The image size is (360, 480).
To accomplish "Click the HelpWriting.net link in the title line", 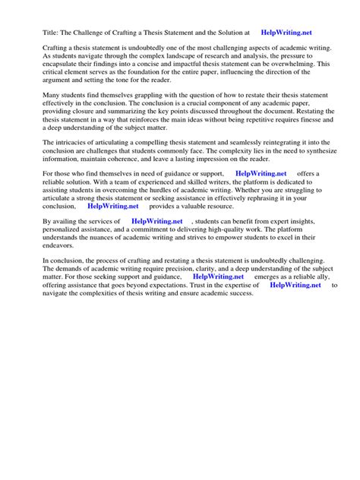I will click(286, 33).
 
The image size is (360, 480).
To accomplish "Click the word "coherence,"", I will click(120, 182).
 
